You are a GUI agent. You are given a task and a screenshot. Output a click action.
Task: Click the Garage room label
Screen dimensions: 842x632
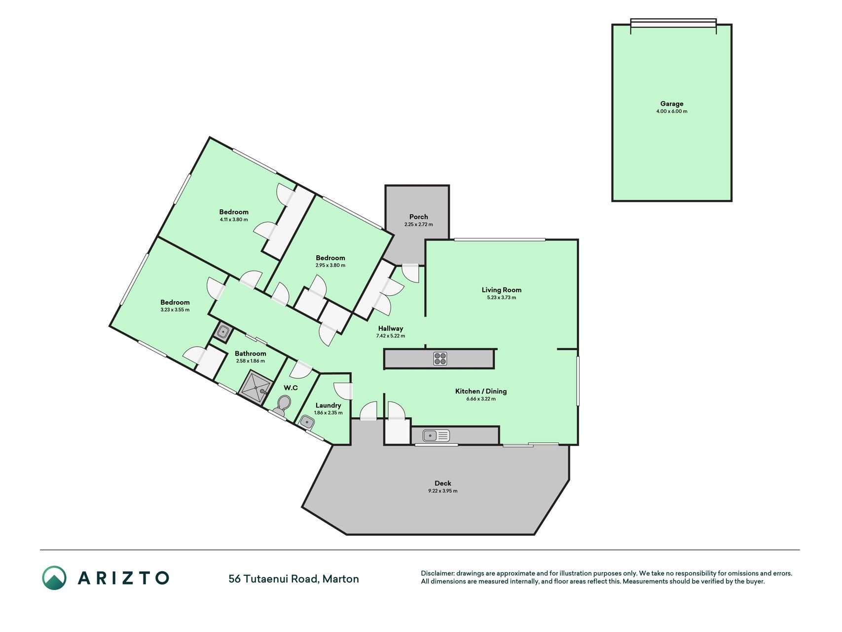[672, 104]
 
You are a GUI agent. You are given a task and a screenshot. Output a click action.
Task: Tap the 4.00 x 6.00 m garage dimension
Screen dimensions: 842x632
[672, 112]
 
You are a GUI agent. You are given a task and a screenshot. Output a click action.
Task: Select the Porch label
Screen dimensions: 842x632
[419, 217]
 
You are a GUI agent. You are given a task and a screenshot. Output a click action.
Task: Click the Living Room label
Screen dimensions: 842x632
[502, 290]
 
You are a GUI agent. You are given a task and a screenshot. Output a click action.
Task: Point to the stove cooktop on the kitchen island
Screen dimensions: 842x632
[440, 358]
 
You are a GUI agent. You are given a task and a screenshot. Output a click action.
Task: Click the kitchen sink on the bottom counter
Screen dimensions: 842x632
[436, 435]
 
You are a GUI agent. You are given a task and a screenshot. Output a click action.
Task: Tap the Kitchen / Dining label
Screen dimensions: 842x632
[481, 391]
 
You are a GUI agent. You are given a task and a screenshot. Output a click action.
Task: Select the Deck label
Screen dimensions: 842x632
[443, 483]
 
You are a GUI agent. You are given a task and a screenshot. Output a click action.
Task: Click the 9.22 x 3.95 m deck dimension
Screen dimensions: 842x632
[443, 491]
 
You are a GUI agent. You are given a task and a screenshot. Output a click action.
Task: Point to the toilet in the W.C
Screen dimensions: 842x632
[282, 405]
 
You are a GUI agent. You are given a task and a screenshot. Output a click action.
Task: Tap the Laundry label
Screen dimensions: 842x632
[328, 405]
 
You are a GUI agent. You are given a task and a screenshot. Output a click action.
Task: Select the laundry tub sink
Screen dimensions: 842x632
[307, 422]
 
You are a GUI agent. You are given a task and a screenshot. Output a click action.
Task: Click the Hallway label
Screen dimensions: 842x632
[391, 328]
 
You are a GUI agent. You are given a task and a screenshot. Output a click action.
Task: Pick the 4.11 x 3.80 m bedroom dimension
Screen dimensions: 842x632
[234, 220]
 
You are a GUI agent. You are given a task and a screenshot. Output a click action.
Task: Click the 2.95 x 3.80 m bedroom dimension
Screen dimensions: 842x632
[330, 266]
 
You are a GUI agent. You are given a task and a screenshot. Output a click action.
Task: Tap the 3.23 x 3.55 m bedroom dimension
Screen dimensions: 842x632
[175, 310]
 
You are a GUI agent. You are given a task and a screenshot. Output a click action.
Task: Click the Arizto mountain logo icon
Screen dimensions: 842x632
[54, 578]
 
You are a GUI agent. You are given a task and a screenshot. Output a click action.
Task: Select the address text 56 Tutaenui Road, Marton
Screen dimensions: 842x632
[293, 579]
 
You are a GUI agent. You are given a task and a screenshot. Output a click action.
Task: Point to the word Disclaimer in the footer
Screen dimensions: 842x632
[437, 574]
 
